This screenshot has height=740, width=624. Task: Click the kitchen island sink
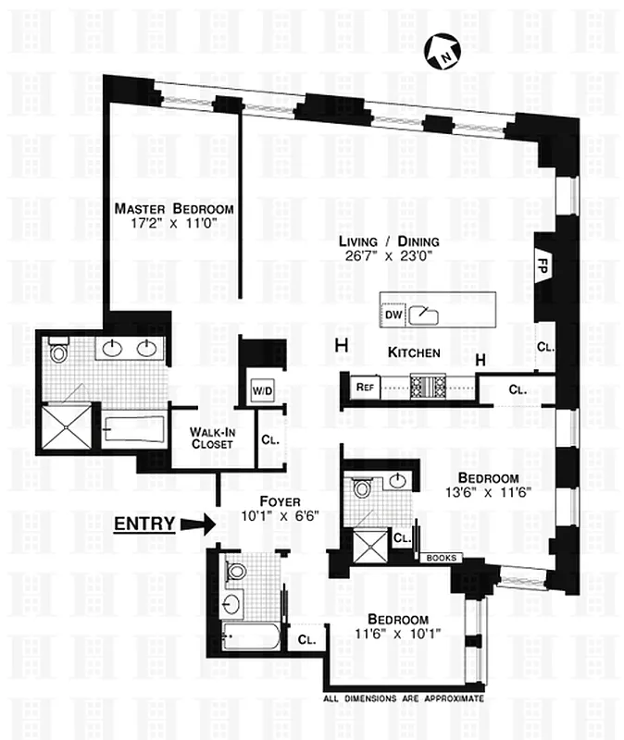click(x=425, y=314)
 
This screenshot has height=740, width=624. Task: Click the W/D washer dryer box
click(x=263, y=390)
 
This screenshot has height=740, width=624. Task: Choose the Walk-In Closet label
click(x=210, y=438)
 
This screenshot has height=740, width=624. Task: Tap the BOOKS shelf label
click(x=439, y=558)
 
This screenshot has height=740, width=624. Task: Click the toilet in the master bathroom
click(x=59, y=350)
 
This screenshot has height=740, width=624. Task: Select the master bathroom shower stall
click(x=66, y=426)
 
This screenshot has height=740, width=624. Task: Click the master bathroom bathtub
click(x=134, y=429)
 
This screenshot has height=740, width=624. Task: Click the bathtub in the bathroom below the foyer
click(x=253, y=636)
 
